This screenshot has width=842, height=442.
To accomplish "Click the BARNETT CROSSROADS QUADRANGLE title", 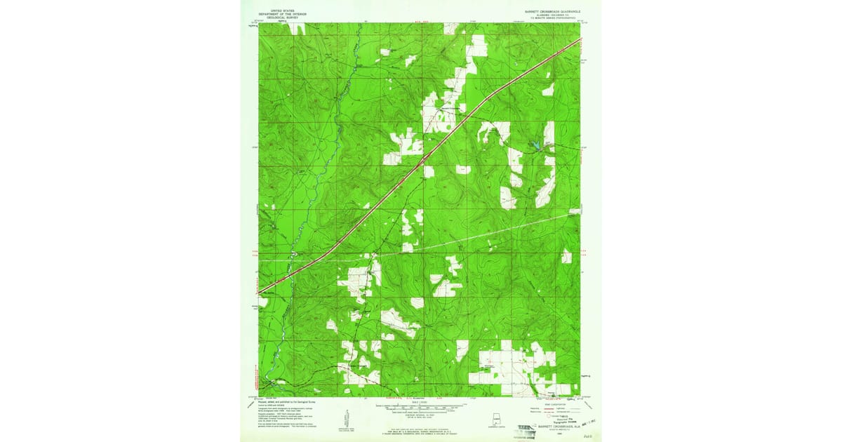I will pyautogui.click(x=550, y=11).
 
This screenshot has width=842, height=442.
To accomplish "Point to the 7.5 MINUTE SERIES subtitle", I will pyautogui.click(x=550, y=18).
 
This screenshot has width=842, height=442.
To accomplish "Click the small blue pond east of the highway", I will pyautogui.click(x=535, y=145).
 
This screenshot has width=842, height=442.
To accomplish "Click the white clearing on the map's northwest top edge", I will pyautogui.click(x=297, y=28).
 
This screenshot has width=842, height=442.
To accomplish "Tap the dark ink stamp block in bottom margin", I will pyautogui.click(x=525, y=427).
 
